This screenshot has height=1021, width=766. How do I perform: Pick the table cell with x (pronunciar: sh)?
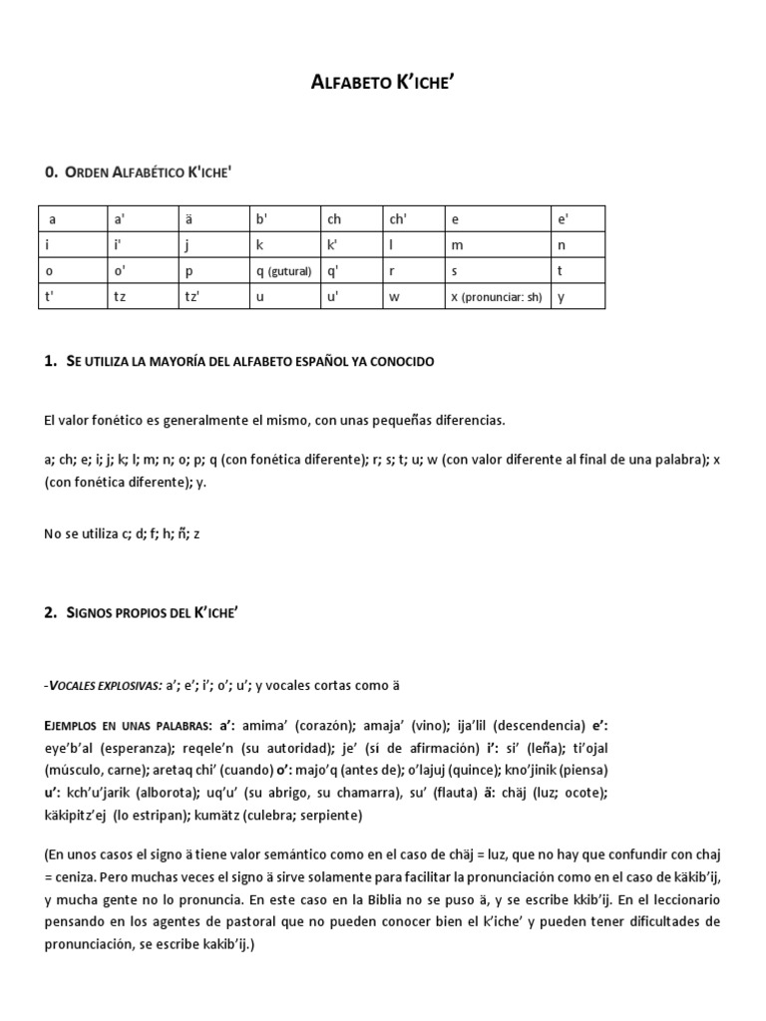[x=496, y=297]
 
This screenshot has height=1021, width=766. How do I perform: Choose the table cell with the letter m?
[x=496, y=245]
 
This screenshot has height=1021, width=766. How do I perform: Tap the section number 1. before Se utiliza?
[x=51, y=361]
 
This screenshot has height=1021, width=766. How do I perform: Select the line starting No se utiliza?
[x=122, y=533]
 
